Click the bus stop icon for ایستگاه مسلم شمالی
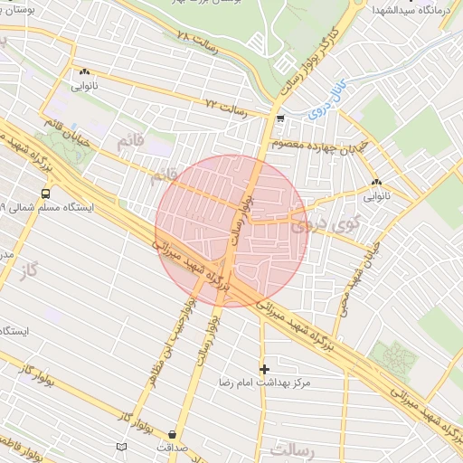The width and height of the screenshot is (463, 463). click(45, 193)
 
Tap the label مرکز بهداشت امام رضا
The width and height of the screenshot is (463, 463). click(264, 383)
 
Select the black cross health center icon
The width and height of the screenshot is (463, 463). click(264, 368)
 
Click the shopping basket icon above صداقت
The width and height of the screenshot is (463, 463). click(172, 433)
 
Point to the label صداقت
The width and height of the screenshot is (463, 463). click(172, 447)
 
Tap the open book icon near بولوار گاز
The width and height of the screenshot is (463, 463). click(122, 447)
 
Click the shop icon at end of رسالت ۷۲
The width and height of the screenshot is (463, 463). click(280, 118)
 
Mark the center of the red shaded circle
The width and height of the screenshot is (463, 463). click(231, 231)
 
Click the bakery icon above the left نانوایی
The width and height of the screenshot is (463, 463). click(84, 71)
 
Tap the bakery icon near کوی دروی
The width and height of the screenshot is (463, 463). click(376, 182)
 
